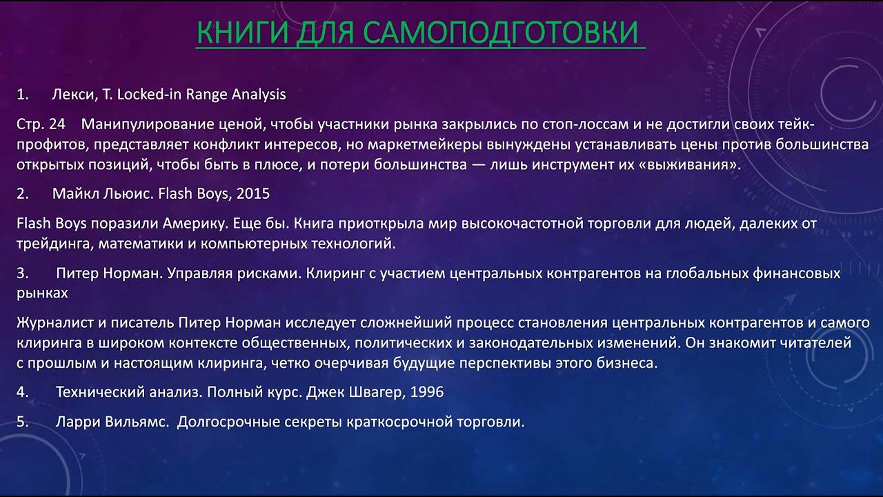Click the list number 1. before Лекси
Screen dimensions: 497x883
pyautogui.click(x=23, y=95)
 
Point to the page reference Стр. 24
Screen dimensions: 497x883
pyautogui.click(x=40, y=125)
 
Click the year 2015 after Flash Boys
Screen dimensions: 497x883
pyautogui.click(x=253, y=194)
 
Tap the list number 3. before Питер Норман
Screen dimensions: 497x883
pyautogui.click(x=23, y=273)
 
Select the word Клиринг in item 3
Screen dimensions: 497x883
pyautogui.click(x=331, y=273)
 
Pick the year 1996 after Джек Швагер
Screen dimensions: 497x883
pyautogui.click(x=427, y=392)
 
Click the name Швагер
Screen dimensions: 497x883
pyautogui.click(x=379, y=392)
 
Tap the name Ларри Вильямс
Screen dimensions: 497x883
pyautogui.click(x=112, y=422)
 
